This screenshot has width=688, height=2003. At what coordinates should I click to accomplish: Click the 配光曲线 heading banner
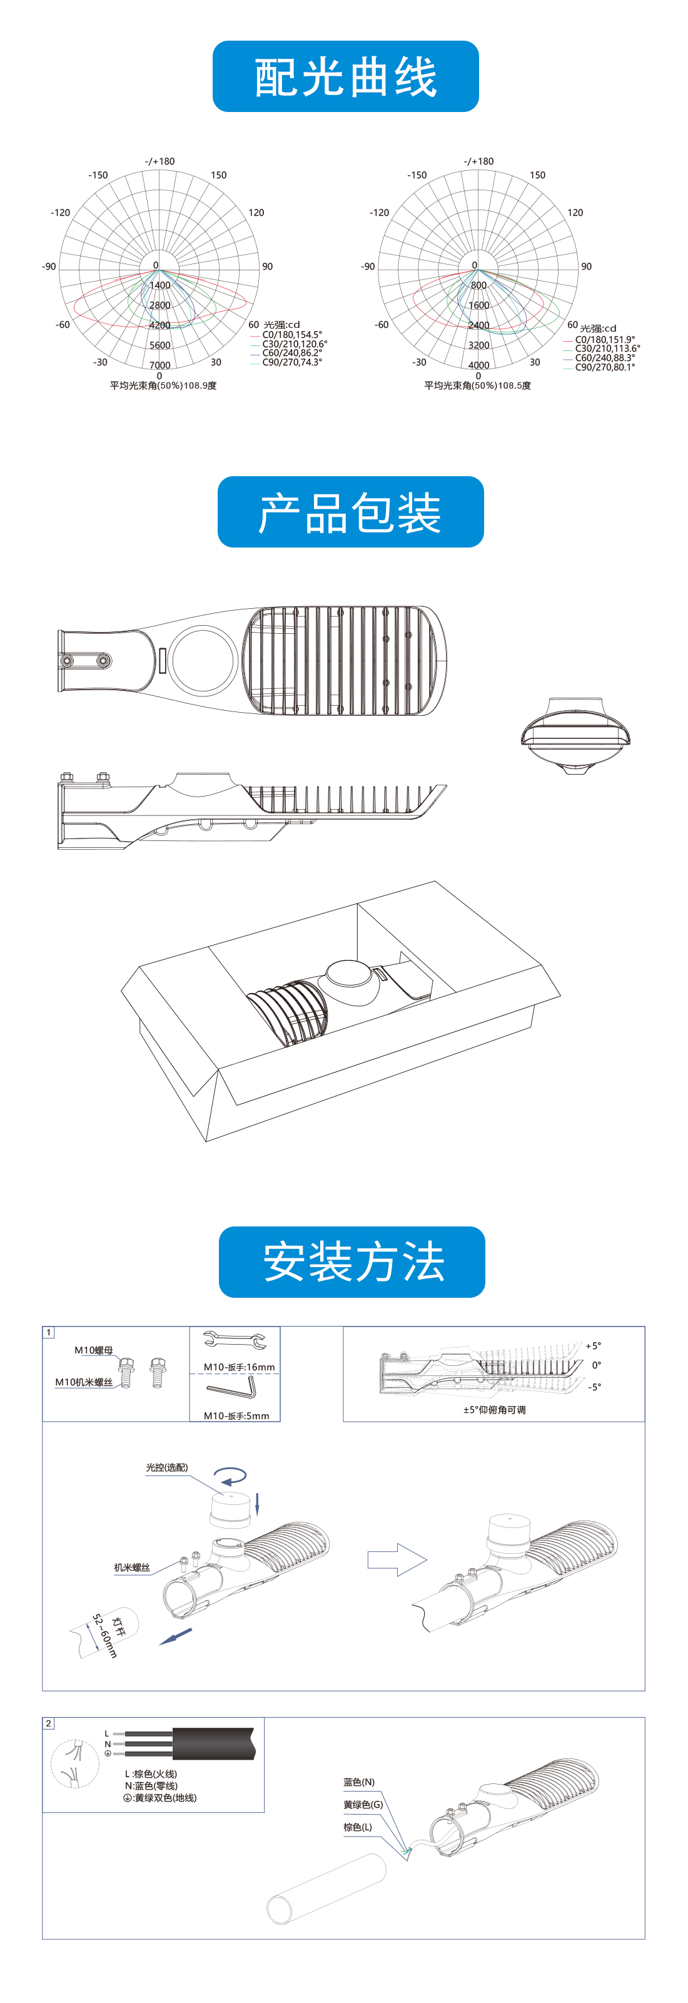[x=345, y=76]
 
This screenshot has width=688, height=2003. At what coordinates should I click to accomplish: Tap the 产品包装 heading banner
[x=351, y=512]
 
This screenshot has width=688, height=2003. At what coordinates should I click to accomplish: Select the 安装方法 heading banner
[x=352, y=1261]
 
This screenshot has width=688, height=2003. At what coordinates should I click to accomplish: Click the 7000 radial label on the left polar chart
[x=160, y=365]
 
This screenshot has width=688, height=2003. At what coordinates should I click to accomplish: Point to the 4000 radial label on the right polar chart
[x=479, y=365]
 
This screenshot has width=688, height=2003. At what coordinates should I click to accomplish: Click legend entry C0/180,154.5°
[x=291, y=334]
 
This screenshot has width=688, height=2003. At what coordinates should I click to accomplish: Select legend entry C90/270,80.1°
[x=605, y=367]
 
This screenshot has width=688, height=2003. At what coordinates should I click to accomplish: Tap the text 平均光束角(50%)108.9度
[x=163, y=385]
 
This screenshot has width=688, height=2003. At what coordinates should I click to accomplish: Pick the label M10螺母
[x=93, y=1350]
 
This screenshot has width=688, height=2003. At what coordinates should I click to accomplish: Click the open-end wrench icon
[x=235, y=1339]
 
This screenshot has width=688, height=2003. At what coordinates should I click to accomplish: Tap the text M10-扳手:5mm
[x=236, y=1416]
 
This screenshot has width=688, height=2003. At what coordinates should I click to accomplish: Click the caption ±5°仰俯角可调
[x=495, y=1410]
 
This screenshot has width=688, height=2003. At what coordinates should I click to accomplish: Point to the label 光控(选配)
[x=166, y=1467]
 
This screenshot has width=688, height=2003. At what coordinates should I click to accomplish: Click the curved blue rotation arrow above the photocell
[x=231, y=1475]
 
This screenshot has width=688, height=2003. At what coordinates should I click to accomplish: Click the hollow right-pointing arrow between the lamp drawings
[x=397, y=1559]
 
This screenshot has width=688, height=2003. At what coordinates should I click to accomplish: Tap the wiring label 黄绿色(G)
[x=363, y=1805]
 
